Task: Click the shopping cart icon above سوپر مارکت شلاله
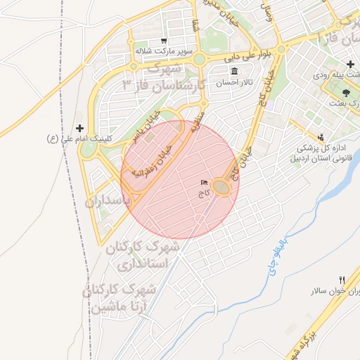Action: tap(164, 41)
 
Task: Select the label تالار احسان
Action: tap(233, 83)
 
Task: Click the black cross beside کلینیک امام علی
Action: tap(79, 128)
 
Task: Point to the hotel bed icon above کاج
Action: tap(205, 183)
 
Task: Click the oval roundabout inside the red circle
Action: tap(221, 186)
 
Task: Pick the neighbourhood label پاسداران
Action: tap(108, 201)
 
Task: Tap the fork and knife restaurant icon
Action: tap(342, 280)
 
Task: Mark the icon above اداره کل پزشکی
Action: tap(321, 137)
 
